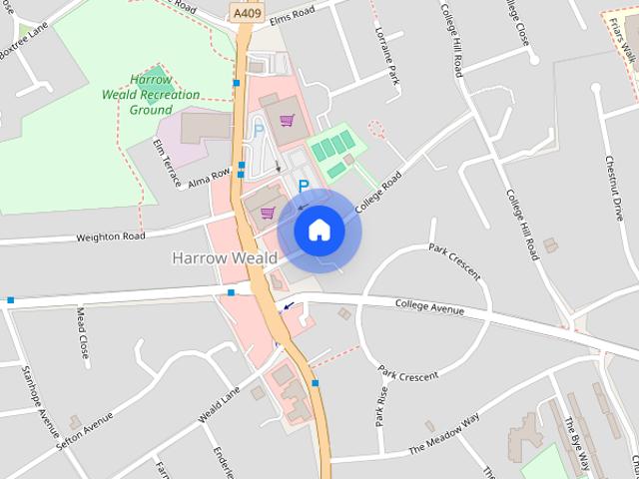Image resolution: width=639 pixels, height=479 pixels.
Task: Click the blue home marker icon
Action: [319, 230]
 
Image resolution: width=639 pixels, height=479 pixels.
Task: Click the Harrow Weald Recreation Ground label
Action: [152, 94]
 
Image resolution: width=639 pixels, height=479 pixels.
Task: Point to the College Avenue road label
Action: [429, 307]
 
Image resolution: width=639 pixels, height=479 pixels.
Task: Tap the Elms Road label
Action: [292, 13]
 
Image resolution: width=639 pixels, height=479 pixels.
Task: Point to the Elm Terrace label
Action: [166, 163]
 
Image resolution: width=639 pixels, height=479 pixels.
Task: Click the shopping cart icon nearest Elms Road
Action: [288, 121]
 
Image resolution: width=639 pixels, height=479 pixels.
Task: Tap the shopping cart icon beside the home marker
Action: [267, 212]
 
